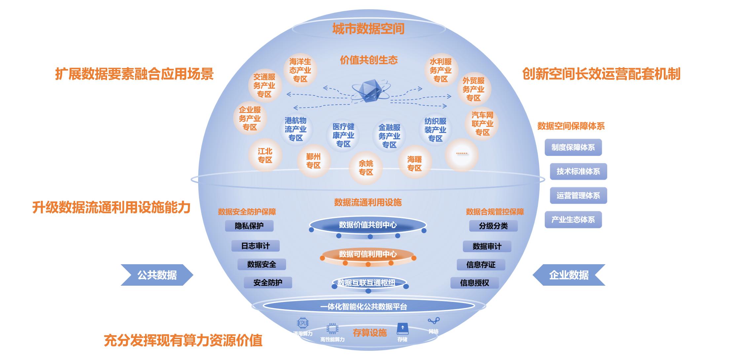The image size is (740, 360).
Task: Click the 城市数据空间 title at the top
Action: [368, 29]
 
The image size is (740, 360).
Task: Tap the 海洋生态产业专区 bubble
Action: [300, 70]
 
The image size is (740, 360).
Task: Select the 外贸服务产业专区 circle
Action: [473, 89]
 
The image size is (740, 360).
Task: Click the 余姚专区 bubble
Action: [366, 168]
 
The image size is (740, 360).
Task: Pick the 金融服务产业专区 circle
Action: [389, 136]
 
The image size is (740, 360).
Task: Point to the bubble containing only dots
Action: [462, 154]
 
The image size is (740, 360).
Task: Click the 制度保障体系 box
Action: [573, 147]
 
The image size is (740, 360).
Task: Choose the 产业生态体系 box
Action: [573, 220]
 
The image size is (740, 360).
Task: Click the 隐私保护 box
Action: [249, 226]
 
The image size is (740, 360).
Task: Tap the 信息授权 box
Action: [474, 283]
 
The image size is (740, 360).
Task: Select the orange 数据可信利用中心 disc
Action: [368, 255]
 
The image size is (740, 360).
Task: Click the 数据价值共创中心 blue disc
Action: [368, 225]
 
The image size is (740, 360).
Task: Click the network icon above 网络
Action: [433, 321]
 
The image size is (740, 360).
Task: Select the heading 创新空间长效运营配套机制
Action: [601, 74]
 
